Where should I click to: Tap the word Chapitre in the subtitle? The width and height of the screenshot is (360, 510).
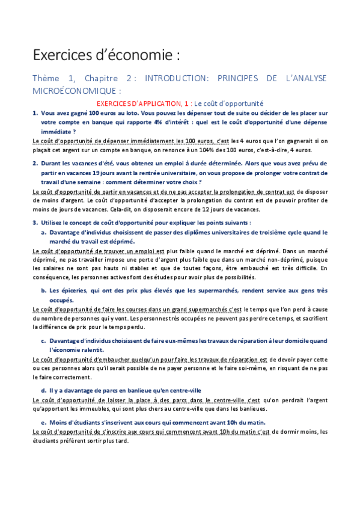(102, 79)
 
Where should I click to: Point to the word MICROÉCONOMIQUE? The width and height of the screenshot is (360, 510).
(76, 90)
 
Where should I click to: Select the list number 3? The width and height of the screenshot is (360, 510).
(35, 223)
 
